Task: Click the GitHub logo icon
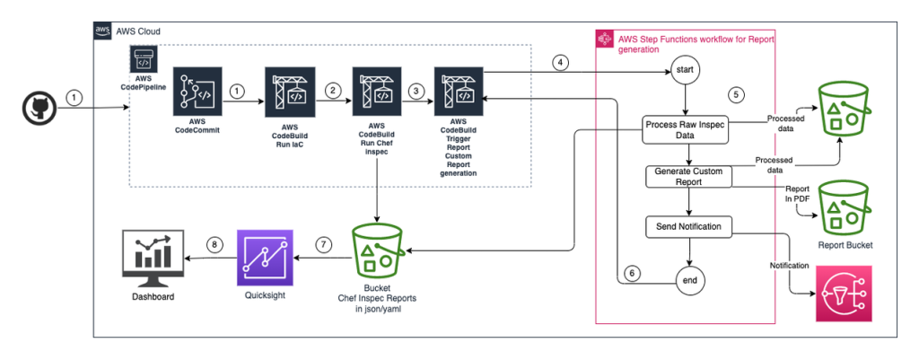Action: pyautogui.click(x=39, y=110)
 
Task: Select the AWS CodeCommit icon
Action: pyautogui.click(x=197, y=92)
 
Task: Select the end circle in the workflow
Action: pyautogui.click(x=687, y=280)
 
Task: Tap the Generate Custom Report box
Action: pyautogui.click(x=687, y=176)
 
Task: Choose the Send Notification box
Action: pyautogui.click(x=687, y=226)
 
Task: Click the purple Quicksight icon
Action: pyautogui.click(x=265, y=256)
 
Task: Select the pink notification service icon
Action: pyautogui.click(x=845, y=294)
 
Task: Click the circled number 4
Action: pyautogui.click(x=560, y=63)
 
